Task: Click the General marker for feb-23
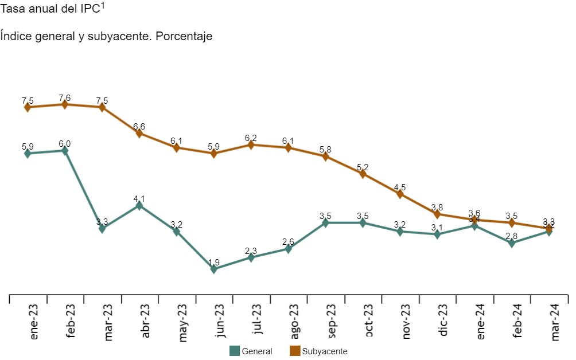(x=65, y=151)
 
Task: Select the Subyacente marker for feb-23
(x=65, y=104)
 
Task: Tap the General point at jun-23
(x=214, y=269)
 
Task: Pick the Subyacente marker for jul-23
(x=251, y=145)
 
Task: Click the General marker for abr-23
(x=139, y=205)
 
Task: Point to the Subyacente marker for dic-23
(x=438, y=214)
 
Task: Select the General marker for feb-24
(x=512, y=243)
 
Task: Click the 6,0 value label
(x=65, y=143)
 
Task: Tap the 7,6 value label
(x=65, y=97)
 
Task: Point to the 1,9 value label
(x=214, y=262)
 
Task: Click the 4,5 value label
(x=400, y=187)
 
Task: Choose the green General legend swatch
(x=234, y=351)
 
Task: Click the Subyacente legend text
(x=325, y=351)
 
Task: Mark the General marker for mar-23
(x=102, y=229)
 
